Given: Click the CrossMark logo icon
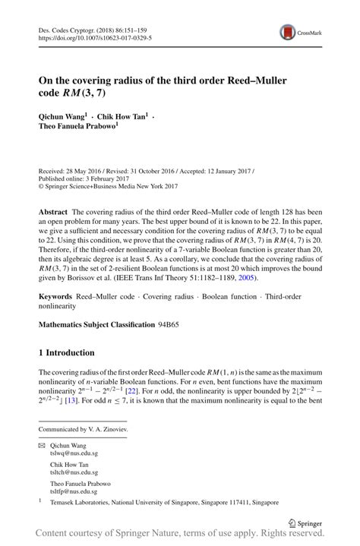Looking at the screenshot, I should [289, 32].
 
